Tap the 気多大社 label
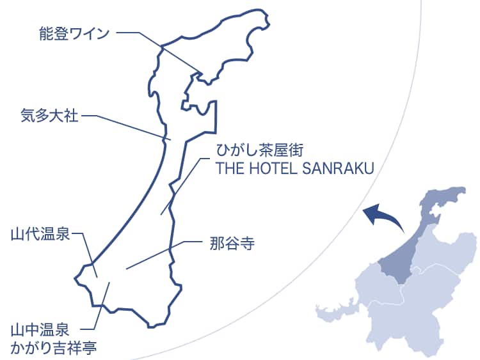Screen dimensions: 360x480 point(49,116)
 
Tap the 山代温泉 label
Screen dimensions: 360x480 point(40,233)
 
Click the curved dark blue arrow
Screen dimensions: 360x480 point(384,217)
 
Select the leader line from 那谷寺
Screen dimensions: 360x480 point(160,254)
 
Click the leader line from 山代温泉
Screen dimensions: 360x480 point(88,253)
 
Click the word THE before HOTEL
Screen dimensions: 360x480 point(228,168)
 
